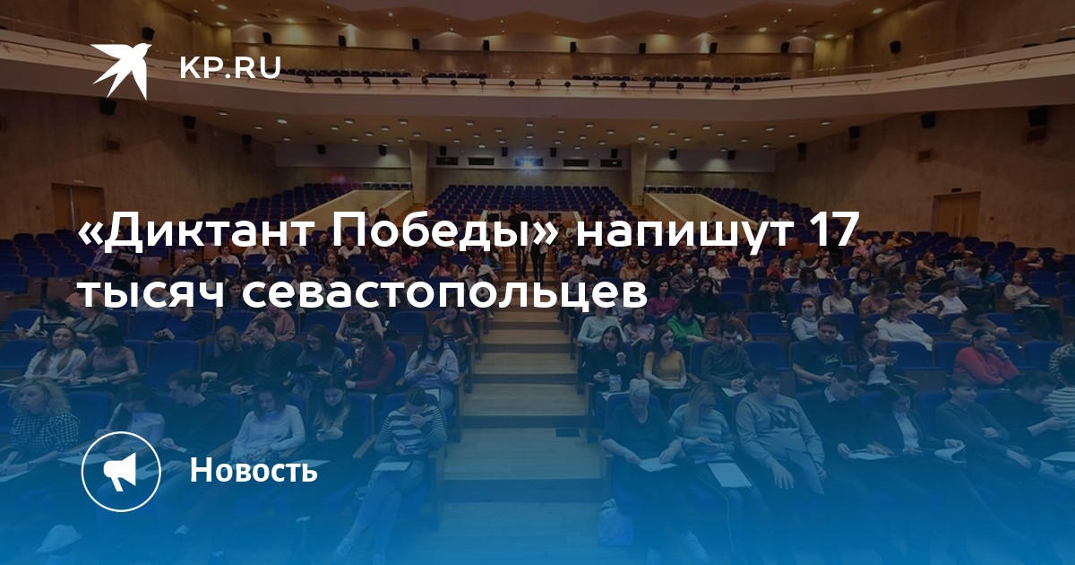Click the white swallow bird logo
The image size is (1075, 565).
122,71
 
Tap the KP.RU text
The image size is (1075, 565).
230,67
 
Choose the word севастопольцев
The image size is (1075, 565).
444,293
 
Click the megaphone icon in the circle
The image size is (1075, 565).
120,472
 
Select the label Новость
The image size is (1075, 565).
254,470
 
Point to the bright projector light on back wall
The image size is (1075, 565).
528,164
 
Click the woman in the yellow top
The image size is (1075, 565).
664,359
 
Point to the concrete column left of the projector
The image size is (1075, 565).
418,172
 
